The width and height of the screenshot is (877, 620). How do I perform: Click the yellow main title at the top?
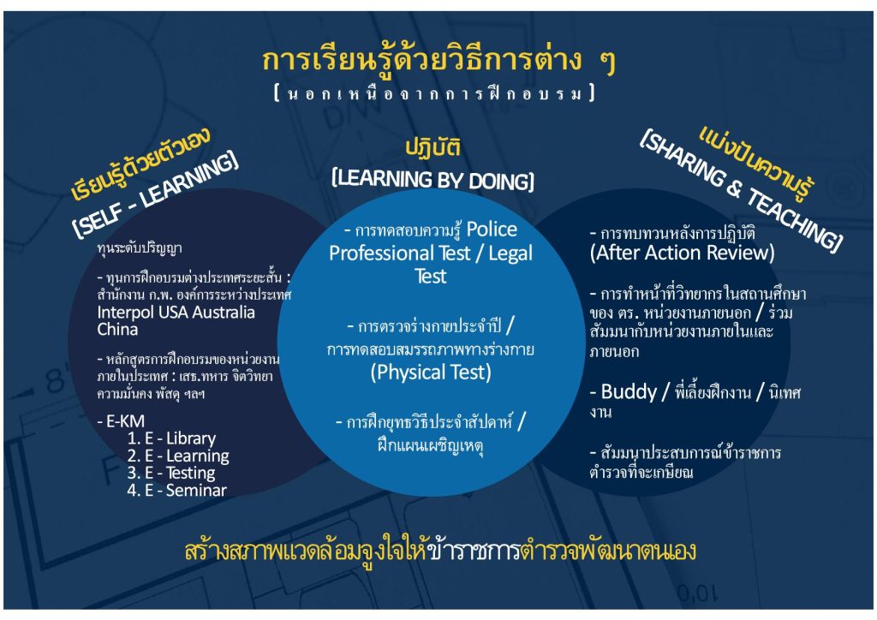[438, 61]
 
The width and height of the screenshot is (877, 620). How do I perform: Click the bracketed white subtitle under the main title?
[434, 92]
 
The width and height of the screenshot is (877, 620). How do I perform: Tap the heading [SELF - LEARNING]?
[156, 194]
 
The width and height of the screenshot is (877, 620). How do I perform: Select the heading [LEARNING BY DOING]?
[433, 180]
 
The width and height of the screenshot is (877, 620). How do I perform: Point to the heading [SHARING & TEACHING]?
[741, 190]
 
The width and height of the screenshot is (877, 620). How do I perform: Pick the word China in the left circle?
[117, 330]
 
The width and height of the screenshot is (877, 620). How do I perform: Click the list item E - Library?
[171, 438]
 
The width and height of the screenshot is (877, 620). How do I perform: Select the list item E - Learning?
[178, 456]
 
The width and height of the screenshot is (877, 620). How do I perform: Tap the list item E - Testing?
[171, 473]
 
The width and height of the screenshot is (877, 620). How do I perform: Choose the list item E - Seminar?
[176, 491]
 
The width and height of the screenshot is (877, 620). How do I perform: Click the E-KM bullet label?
[121, 420]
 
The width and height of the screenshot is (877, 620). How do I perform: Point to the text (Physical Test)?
[431, 373]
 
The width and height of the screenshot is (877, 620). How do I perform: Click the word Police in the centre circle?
[492, 230]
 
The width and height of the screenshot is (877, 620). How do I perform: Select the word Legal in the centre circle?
[510, 253]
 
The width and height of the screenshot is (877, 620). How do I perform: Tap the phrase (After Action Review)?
[682, 253]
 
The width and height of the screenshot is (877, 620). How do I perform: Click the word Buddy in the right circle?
[629, 391]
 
